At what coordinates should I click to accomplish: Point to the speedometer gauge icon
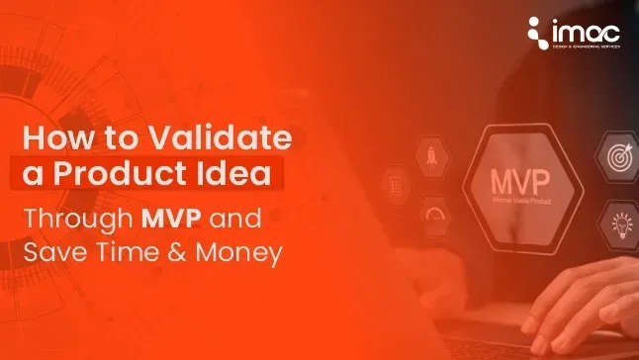(x=434, y=213)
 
